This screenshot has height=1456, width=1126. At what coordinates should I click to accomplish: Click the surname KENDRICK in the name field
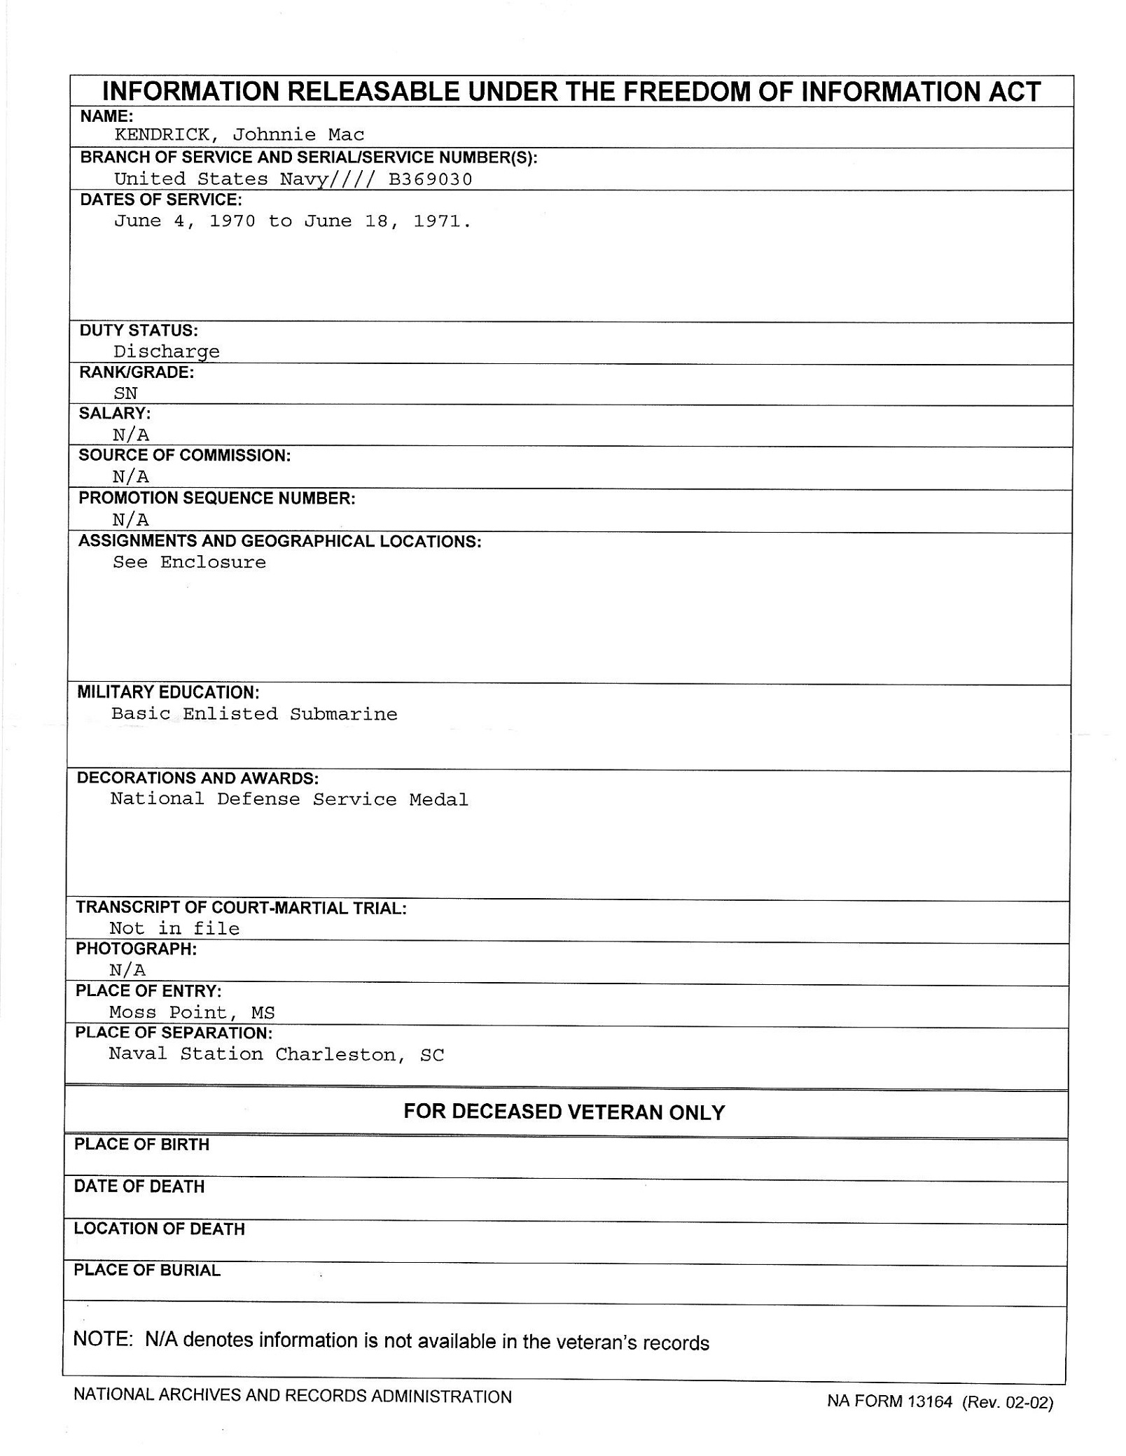tap(161, 134)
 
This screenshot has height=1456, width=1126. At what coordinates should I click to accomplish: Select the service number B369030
tap(430, 179)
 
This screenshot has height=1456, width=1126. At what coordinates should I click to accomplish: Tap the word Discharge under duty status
tap(167, 351)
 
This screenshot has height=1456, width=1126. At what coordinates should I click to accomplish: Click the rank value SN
tap(126, 393)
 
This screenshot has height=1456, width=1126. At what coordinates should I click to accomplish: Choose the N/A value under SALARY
tap(131, 435)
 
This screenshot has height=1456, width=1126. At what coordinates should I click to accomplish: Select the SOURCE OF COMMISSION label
tap(184, 456)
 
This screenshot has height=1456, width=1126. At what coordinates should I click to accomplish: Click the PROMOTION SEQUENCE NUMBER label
tap(216, 498)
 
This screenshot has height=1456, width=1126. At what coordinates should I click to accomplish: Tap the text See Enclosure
tap(189, 562)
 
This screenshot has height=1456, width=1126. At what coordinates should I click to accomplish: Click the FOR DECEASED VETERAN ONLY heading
tap(564, 1112)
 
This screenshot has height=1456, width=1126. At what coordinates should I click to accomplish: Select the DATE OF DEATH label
tap(139, 1186)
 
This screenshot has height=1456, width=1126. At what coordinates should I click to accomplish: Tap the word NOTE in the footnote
tap(103, 1338)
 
